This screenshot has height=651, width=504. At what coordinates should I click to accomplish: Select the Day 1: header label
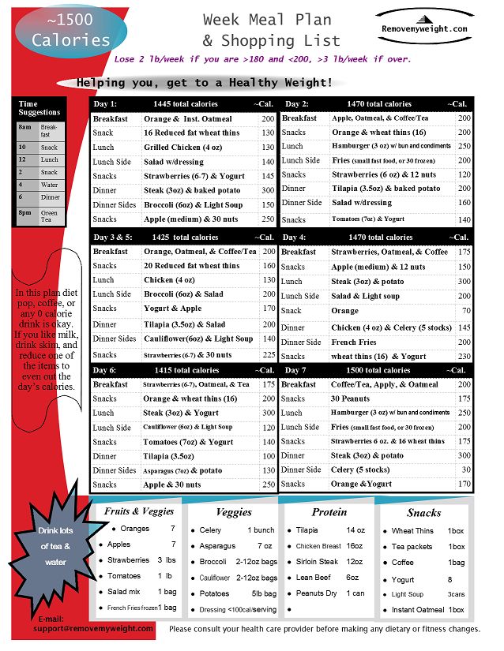click(105, 104)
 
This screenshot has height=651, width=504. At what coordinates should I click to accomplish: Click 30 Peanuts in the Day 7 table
click(350, 398)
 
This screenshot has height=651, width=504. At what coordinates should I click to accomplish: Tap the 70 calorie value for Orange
click(465, 312)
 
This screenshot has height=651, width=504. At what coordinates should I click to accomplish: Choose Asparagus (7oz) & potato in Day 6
click(187, 470)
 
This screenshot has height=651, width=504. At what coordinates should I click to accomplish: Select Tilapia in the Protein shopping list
click(307, 530)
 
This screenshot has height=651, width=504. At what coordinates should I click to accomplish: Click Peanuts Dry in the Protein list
click(315, 593)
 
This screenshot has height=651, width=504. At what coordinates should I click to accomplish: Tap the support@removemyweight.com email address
click(93, 628)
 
